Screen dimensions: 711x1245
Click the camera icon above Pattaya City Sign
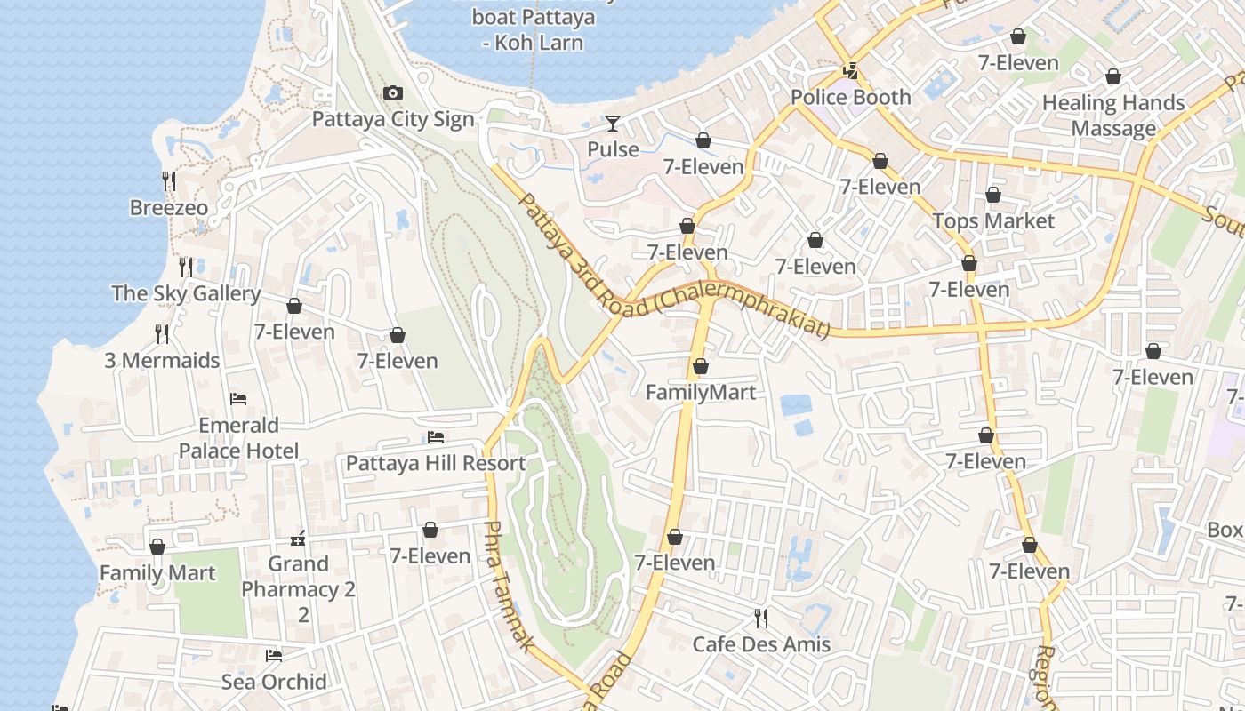coord(392,93)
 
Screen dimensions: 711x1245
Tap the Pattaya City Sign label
coord(393,119)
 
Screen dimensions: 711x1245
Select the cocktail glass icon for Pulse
coord(613,123)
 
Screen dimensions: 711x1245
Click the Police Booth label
coord(850,97)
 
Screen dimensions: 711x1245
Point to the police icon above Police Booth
coord(851,71)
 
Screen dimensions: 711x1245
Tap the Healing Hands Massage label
coord(1113,116)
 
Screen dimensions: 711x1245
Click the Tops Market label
coord(993,220)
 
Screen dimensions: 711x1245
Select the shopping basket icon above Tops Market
coord(993,195)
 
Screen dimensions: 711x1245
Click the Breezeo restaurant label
coord(169,208)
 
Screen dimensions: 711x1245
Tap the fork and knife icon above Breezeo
coord(169,181)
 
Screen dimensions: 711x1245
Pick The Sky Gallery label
coord(186,293)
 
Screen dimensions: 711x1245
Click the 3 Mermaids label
coord(162,360)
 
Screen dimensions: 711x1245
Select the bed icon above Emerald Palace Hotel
coord(238,399)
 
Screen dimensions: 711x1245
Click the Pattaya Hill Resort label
coord(436,463)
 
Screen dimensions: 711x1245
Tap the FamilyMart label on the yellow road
coord(701,392)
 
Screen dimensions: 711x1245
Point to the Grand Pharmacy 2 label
coord(299,576)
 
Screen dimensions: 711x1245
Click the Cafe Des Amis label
coord(761,644)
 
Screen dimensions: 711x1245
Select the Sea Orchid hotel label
coord(274,682)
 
